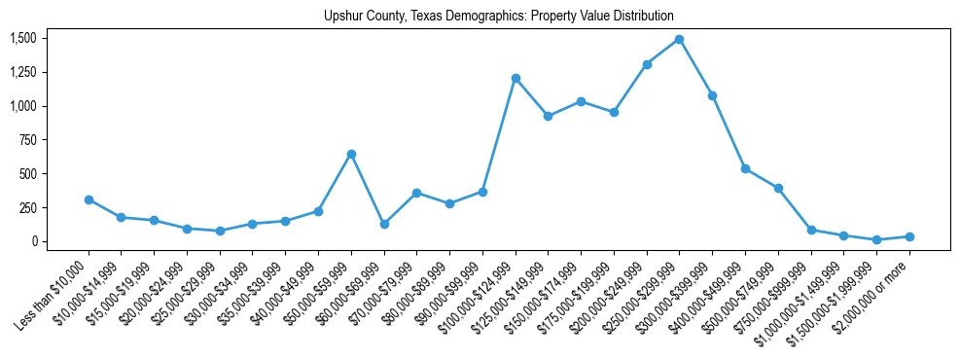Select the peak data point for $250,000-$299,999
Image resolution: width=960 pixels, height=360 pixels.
(679, 40)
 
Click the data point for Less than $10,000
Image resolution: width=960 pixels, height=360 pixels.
(89, 199)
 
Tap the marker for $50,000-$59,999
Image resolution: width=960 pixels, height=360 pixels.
(351, 154)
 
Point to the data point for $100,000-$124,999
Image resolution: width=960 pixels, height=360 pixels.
(516, 78)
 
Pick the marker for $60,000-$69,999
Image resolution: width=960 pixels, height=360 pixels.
(384, 224)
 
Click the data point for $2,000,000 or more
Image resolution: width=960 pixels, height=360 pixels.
(909, 236)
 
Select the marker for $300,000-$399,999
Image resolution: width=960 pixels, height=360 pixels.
(712, 95)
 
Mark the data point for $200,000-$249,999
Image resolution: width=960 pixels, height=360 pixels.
(647, 64)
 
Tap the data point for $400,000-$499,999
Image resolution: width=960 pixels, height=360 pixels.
(745, 168)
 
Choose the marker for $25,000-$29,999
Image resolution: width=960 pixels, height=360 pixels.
(220, 231)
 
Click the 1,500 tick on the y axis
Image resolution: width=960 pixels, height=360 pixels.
(23, 38)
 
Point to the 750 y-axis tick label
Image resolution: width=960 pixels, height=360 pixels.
(29, 140)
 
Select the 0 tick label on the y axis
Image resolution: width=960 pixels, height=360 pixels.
(35, 241)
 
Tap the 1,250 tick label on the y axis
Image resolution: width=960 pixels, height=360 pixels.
(23, 72)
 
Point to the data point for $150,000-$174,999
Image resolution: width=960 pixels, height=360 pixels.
(581, 101)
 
